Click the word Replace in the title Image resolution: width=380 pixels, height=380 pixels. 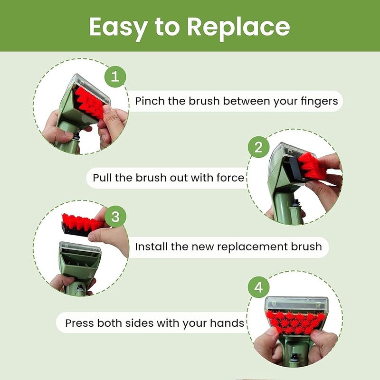pyautogui.click(x=238, y=27)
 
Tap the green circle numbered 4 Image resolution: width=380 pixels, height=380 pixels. pyautogui.click(x=258, y=288)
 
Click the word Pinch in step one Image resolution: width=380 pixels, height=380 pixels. pyautogui.click(x=149, y=101)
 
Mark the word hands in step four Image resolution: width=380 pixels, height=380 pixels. pyautogui.click(x=228, y=323)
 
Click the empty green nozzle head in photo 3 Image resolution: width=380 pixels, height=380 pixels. pyautogui.click(x=80, y=259)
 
